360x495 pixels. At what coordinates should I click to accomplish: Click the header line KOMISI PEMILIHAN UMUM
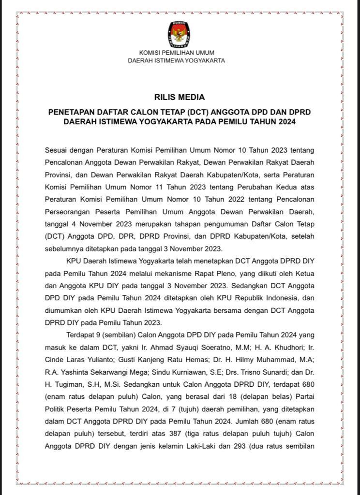pyautogui.click(x=176, y=53)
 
